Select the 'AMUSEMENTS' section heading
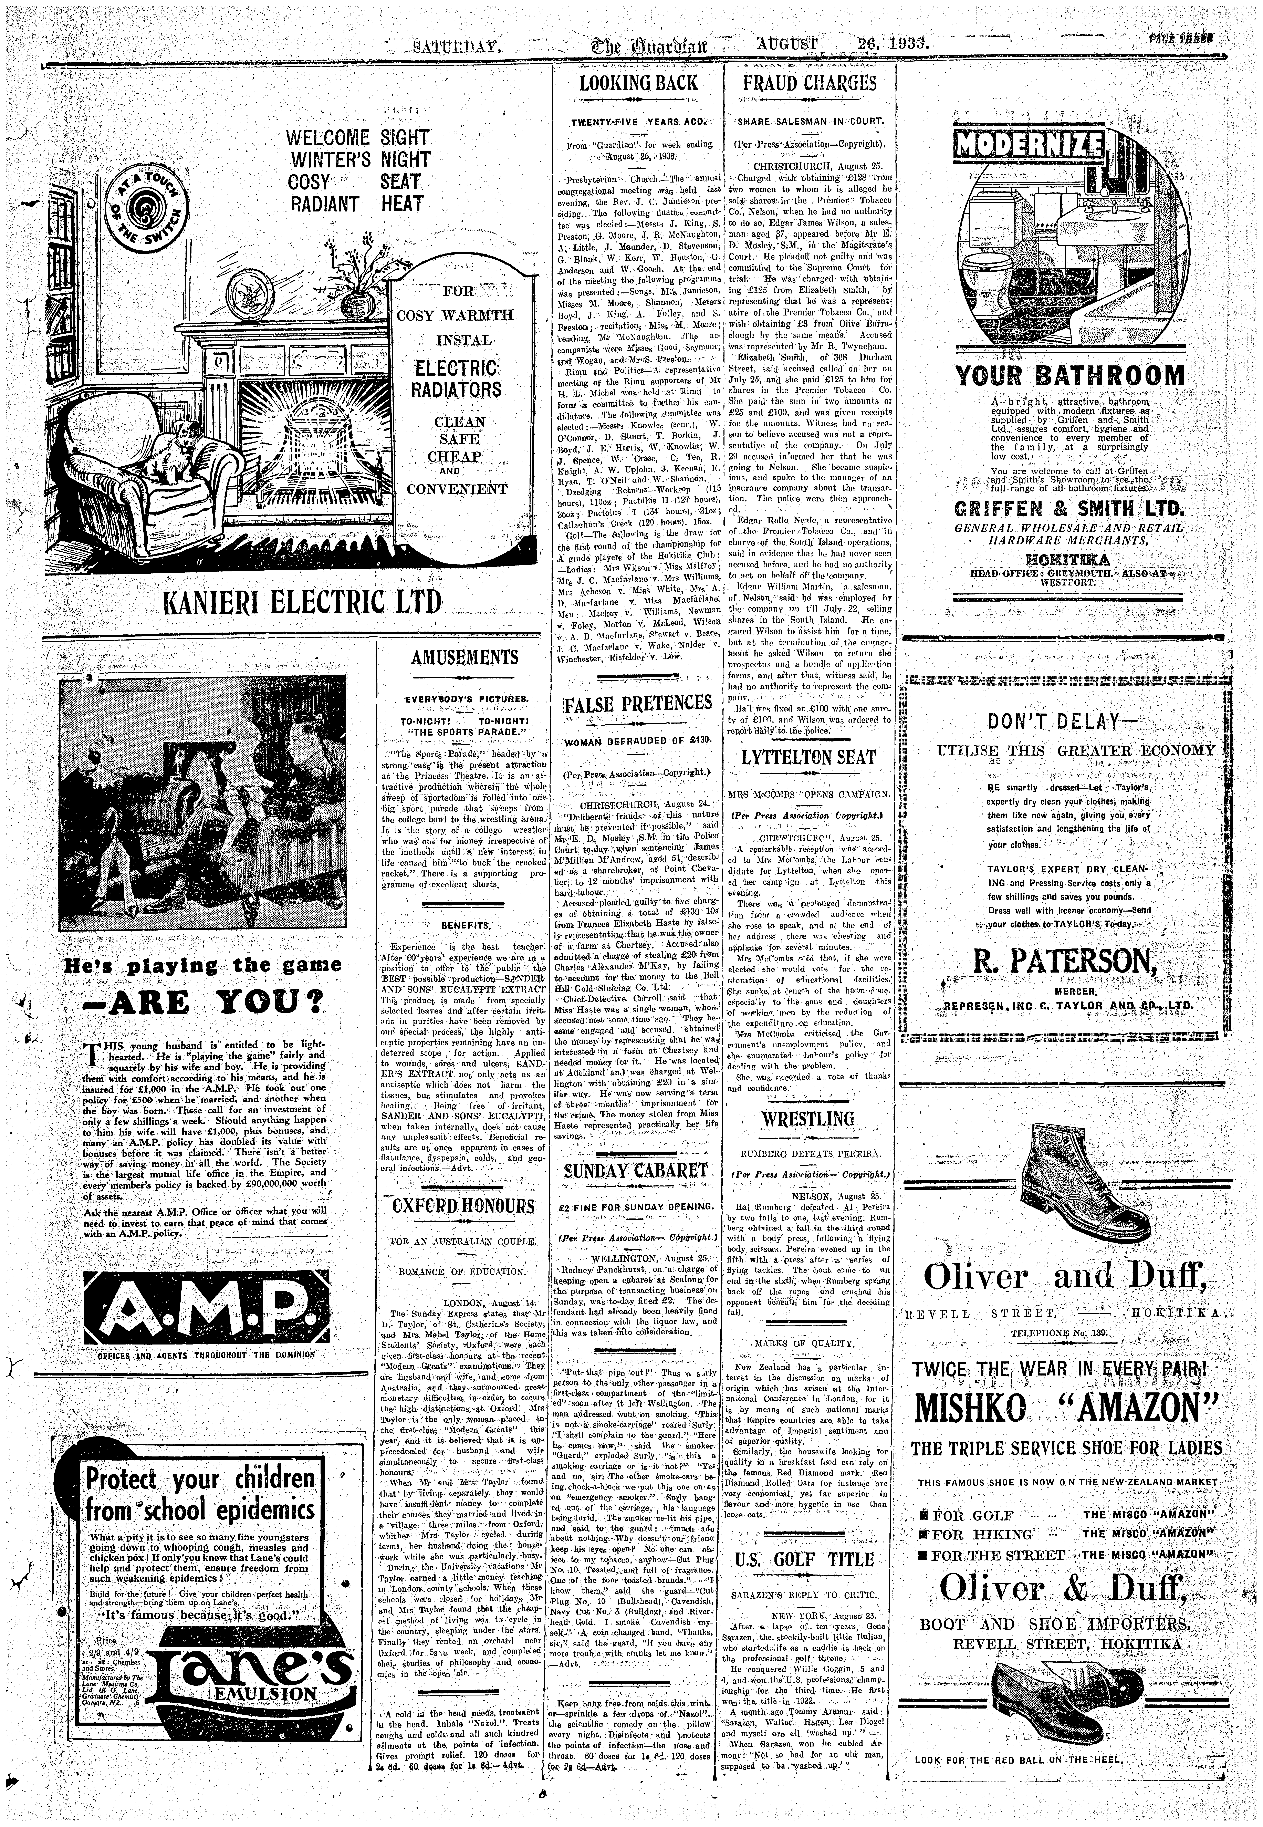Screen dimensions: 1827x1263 [x=465, y=657]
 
